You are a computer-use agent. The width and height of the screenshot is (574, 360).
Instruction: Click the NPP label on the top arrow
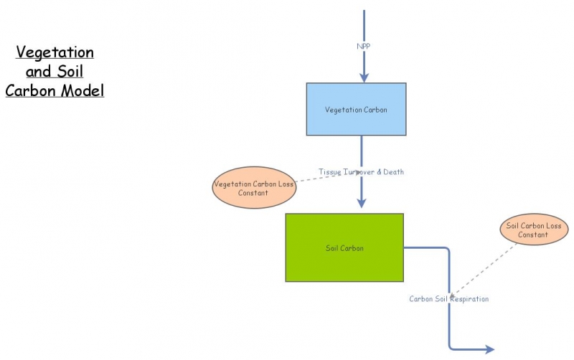click(x=364, y=46)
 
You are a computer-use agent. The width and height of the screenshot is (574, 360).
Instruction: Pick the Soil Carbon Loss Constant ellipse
click(x=532, y=229)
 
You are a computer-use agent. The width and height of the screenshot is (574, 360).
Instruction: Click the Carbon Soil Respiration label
click(x=449, y=298)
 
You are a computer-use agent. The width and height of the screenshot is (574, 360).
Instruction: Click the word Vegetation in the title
click(x=55, y=52)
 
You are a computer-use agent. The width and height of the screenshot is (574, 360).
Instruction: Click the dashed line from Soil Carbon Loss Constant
click(x=488, y=269)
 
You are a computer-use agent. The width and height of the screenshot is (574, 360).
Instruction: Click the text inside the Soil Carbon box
click(x=344, y=248)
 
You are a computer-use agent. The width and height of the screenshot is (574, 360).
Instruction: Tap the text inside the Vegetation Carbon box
click(x=356, y=110)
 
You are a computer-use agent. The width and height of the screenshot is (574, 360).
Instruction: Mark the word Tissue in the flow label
click(x=330, y=172)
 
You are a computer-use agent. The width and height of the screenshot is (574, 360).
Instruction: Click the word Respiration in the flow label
click(x=470, y=298)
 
